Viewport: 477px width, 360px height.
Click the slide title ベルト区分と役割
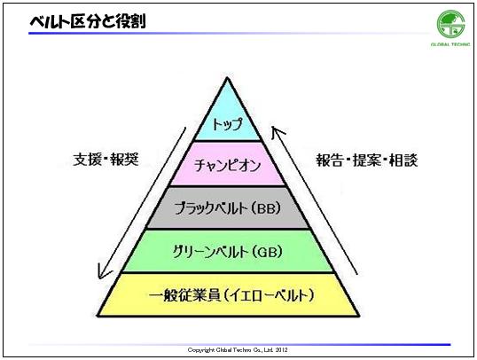point(88,21)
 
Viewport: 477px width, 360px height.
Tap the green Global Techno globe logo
point(450,24)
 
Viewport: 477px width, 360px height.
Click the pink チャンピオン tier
point(228,164)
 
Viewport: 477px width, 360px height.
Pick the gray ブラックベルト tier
point(228,207)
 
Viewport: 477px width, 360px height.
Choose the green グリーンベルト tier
point(228,251)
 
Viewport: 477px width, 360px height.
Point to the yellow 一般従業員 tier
point(228,294)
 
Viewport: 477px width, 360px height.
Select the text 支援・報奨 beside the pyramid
point(106,160)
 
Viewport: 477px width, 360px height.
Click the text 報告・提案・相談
point(366,160)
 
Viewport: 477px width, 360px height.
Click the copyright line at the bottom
point(238,350)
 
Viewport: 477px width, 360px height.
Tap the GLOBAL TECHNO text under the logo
point(450,44)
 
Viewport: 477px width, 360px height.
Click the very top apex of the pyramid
point(227,78)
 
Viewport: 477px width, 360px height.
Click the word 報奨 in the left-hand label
point(125,160)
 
